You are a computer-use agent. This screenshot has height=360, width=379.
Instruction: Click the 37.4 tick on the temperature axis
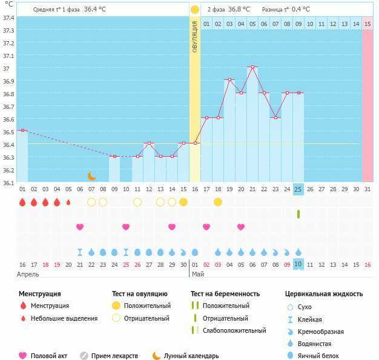tap(8, 18)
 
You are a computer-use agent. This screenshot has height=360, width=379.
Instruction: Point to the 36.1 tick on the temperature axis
tap(8, 182)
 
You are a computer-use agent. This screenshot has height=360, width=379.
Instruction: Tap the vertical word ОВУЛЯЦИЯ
tap(195, 36)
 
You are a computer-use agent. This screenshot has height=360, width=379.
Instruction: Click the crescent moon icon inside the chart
tap(91, 176)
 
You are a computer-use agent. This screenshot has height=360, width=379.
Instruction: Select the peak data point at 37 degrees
tap(252, 67)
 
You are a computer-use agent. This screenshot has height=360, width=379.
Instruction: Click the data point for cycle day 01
tap(22, 130)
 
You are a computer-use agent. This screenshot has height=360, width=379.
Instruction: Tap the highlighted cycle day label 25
tap(298, 189)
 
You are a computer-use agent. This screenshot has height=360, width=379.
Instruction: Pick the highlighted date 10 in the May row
tap(298, 264)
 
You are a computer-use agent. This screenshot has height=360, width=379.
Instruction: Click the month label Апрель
tap(27, 275)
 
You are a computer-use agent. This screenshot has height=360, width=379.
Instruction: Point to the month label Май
tap(198, 275)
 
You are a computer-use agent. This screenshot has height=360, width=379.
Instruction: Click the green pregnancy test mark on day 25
tap(298, 214)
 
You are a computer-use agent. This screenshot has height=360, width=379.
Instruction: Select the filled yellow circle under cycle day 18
tap(218, 201)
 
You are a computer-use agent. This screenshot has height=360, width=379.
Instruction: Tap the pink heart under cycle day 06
tap(80, 227)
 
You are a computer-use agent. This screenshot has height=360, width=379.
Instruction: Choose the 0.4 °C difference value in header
tap(302, 10)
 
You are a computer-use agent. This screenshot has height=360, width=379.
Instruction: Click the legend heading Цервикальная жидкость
tap(324, 294)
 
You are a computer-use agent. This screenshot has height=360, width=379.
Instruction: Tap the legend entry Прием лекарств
tap(114, 356)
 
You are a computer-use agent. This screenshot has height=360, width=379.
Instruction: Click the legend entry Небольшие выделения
tap(64, 318)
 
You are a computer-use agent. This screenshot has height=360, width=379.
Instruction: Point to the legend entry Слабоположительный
tap(234, 331)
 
